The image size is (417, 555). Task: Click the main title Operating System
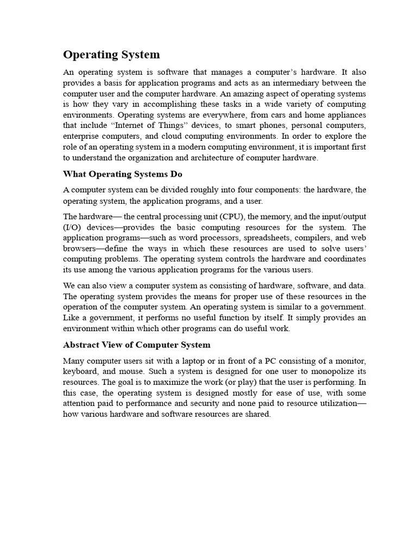point(111,54)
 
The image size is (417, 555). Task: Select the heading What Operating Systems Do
point(123,174)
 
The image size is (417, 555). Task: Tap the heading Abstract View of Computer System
point(137,345)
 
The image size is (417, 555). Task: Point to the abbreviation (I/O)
point(72,227)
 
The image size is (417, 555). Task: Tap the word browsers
point(79,248)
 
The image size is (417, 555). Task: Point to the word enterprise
point(81,136)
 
